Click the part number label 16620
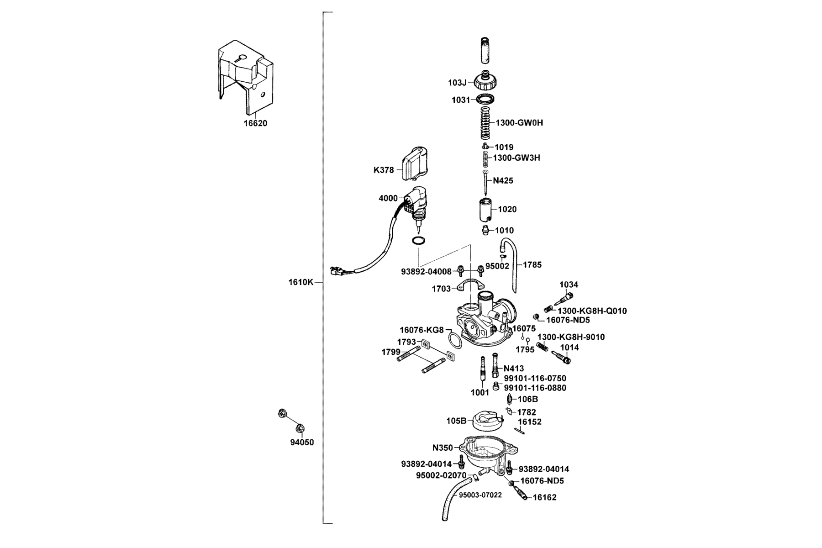pos(255,123)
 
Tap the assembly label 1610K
pos(300,282)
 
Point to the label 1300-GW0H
pos(519,123)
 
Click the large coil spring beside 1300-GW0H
pos(485,123)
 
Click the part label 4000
pos(388,198)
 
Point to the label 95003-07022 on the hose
pos(477,495)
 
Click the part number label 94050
pos(302,442)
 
